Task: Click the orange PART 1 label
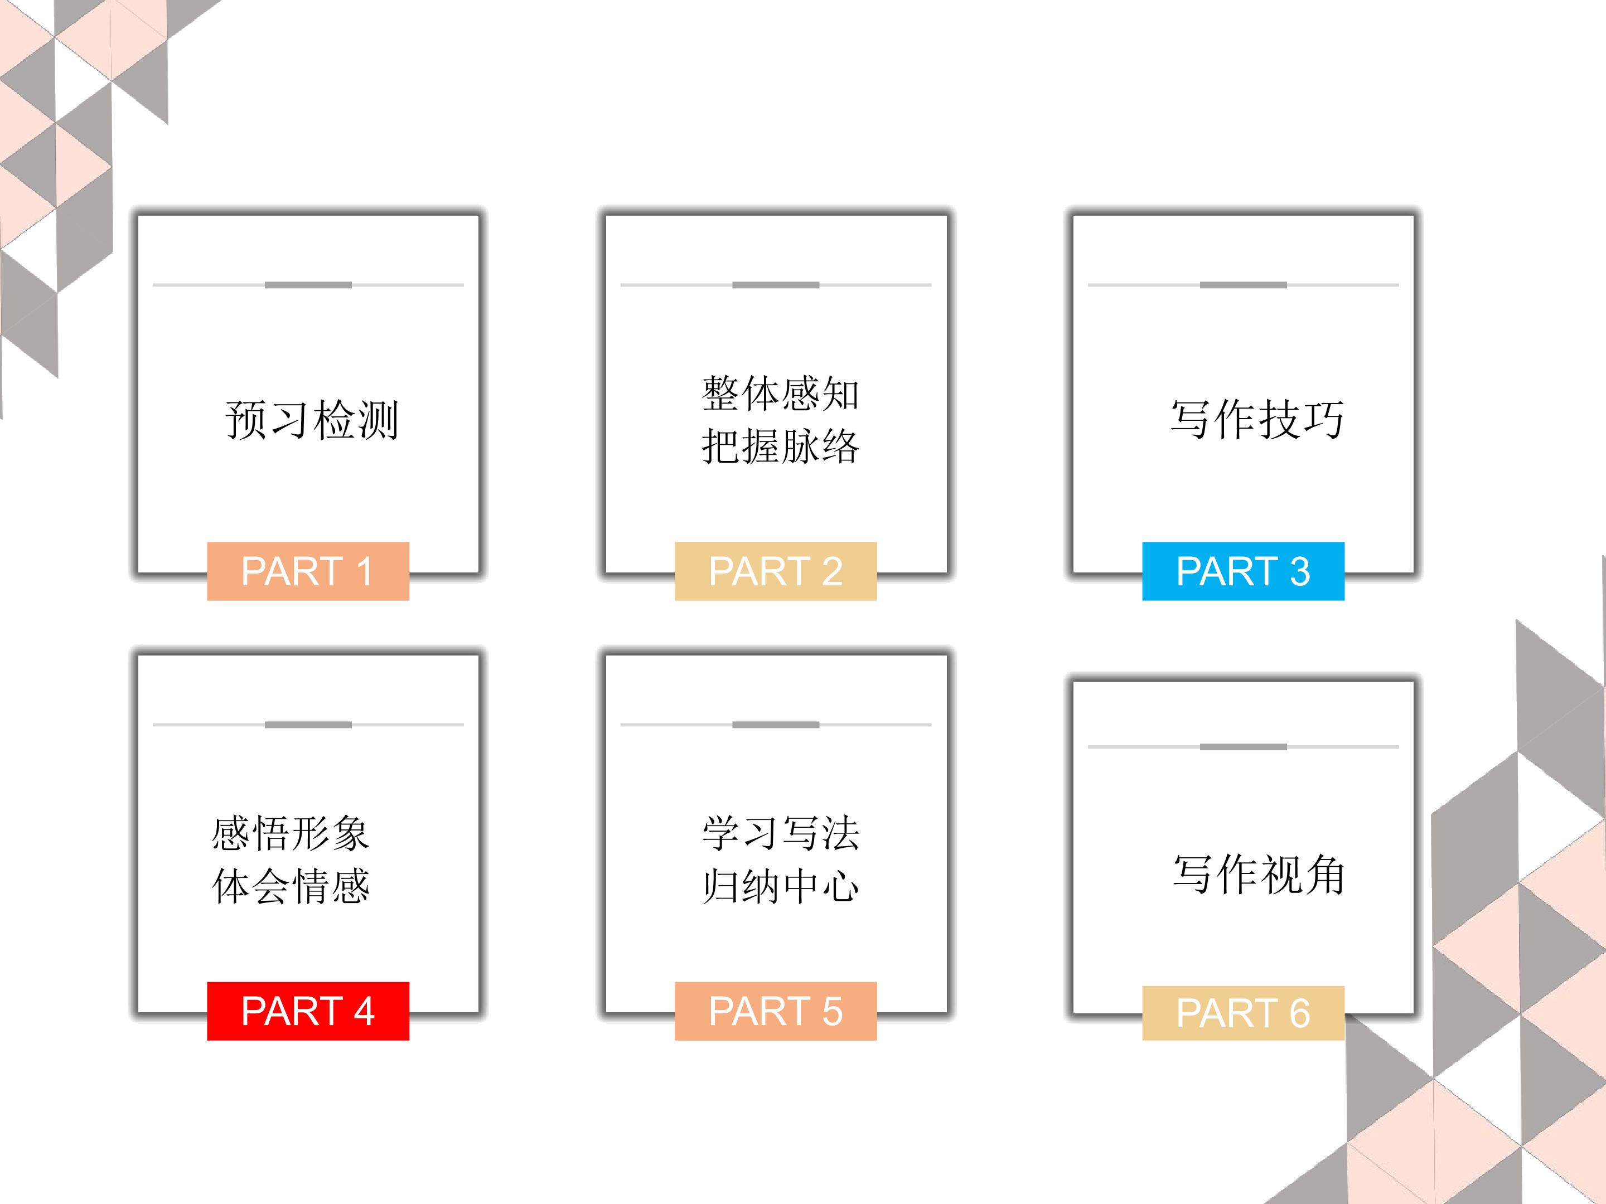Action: point(308,571)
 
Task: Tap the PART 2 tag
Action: point(776,571)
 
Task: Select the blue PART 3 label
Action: point(1243,571)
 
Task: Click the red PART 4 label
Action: point(308,1011)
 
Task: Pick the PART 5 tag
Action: point(776,1011)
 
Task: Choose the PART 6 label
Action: point(1243,1013)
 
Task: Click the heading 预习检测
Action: point(312,420)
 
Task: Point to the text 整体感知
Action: point(781,394)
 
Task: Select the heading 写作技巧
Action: point(1257,420)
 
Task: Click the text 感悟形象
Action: point(291,833)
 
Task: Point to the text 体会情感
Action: point(291,886)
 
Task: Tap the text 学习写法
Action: point(781,833)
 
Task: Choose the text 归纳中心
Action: point(781,886)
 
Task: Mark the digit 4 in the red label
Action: point(364,1011)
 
